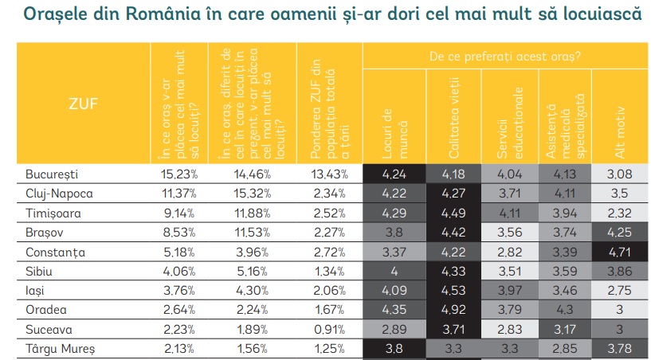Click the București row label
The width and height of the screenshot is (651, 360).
tap(51, 174)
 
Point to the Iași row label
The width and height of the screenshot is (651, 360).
tap(37, 290)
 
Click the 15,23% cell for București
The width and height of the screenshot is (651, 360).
tap(178, 174)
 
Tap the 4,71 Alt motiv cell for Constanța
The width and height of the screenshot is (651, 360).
tap(619, 251)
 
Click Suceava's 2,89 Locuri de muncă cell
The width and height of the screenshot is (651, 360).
tap(394, 328)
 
